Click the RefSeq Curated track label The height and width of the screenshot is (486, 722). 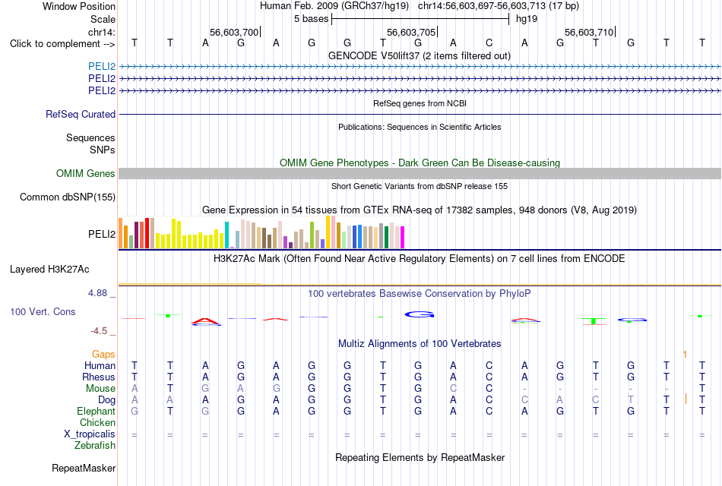[x=81, y=114]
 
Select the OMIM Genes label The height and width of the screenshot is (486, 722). [x=86, y=173]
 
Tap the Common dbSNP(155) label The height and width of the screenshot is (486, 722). [x=68, y=197]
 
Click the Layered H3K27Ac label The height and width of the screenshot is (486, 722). [x=49, y=270]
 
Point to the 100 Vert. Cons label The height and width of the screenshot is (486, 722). [x=43, y=311]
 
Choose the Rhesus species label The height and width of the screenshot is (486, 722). [x=99, y=377]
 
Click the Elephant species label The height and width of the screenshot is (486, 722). [x=97, y=411]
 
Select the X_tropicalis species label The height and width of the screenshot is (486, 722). [x=90, y=434]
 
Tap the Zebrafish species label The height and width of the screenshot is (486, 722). [x=95, y=446]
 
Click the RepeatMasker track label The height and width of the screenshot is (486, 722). [x=84, y=468]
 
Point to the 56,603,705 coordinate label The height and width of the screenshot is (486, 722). [x=411, y=32]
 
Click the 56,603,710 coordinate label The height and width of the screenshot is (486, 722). [x=589, y=32]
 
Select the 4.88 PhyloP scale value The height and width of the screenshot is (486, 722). [x=97, y=293]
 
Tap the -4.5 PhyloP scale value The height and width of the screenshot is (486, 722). [x=99, y=331]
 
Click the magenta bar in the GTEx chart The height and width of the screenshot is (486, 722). [x=403, y=238]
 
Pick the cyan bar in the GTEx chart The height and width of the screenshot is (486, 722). [x=226, y=235]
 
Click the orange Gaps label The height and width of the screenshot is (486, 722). [x=103, y=354]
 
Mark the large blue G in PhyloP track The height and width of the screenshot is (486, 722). [x=420, y=315]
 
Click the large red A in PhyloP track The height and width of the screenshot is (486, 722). [x=206, y=320]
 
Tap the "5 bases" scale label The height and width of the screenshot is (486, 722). [x=312, y=19]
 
